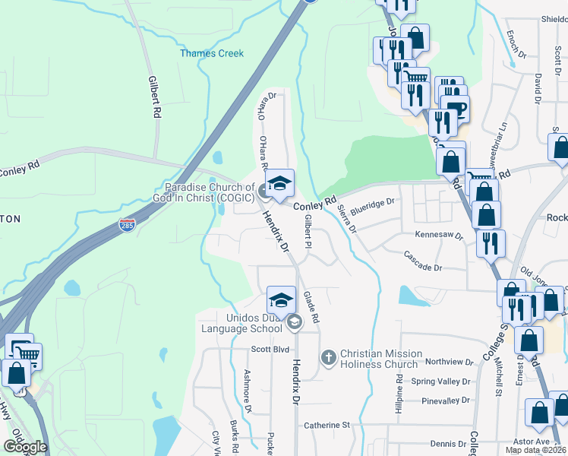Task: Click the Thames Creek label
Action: (x=212, y=53)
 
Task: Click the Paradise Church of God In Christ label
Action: (x=210, y=192)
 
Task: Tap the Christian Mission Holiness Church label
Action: (x=380, y=359)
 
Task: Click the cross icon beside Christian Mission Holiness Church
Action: (x=329, y=356)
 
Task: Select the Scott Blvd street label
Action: (x=271, y=349)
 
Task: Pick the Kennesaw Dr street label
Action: (x=438, y=236)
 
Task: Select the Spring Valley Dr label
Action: (x=440, y=382)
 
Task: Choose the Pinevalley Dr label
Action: (x=440, y=401)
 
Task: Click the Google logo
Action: (x=25, y=446)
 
